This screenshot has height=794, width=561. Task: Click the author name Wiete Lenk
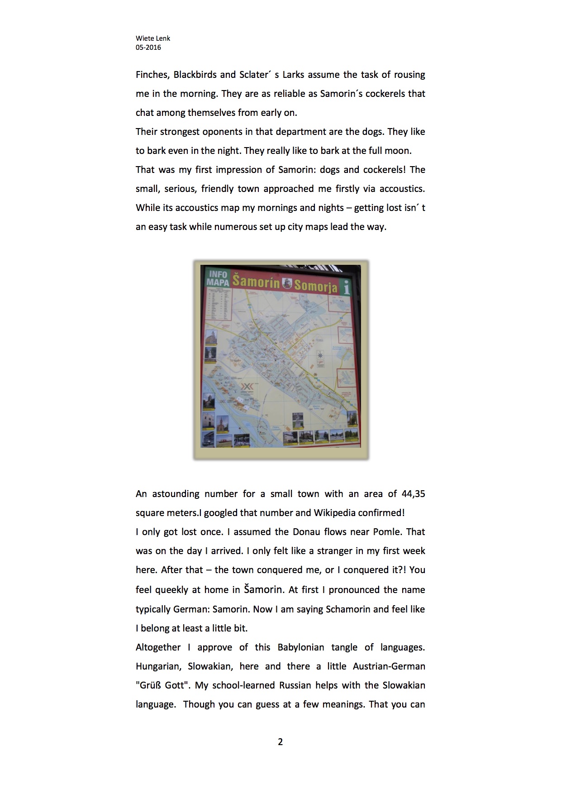[x=153, y=38]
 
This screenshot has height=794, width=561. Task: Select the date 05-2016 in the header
[x=148, y=48]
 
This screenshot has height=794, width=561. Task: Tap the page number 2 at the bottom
[x=280, y=741]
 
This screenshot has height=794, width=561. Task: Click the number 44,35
[x=413, y=494]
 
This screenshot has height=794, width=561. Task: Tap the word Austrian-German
[x=389, y=666]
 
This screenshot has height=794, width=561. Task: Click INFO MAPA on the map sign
[x=218, y=278]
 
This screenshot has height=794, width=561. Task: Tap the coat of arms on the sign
[x=287, y=283]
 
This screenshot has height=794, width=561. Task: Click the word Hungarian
[x=159, y=666]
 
